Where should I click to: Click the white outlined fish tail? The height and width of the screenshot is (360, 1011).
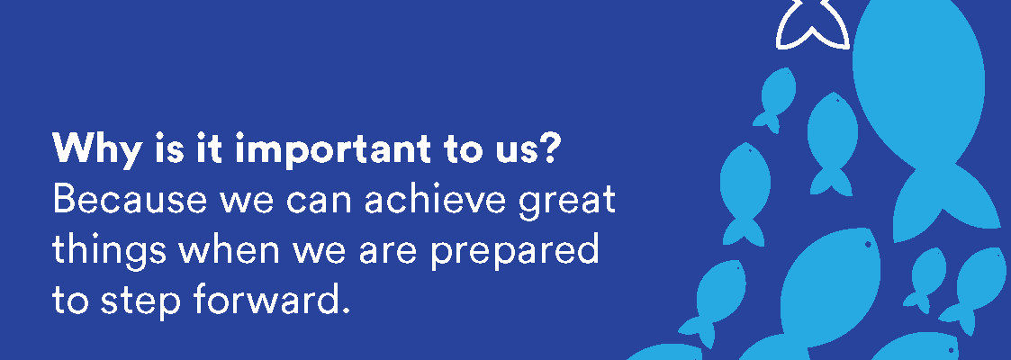[x=812, y=26]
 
